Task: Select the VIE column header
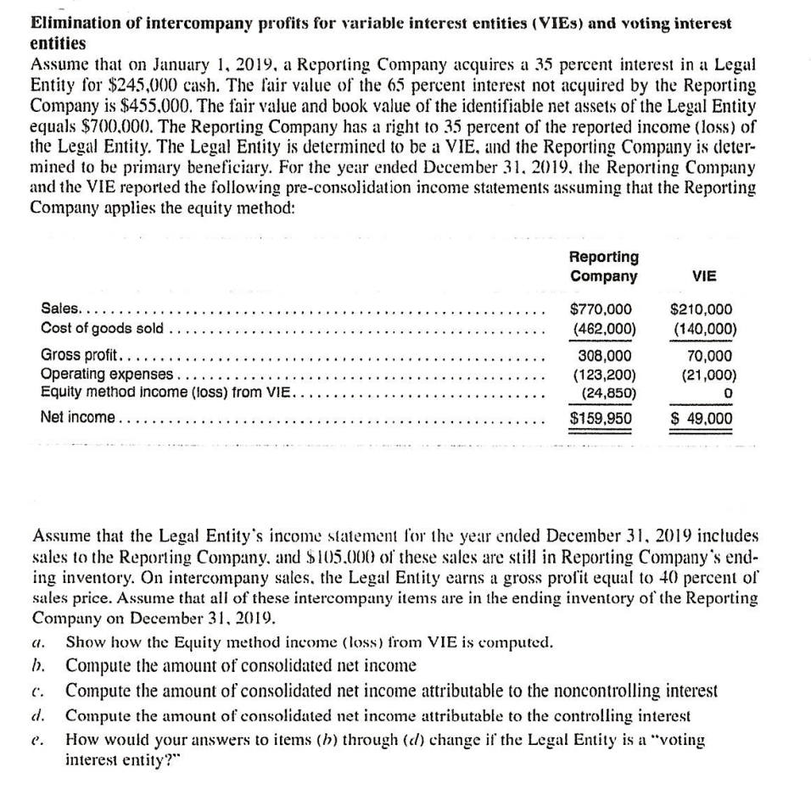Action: pos(704,276)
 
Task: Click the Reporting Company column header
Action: pos(604,266)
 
